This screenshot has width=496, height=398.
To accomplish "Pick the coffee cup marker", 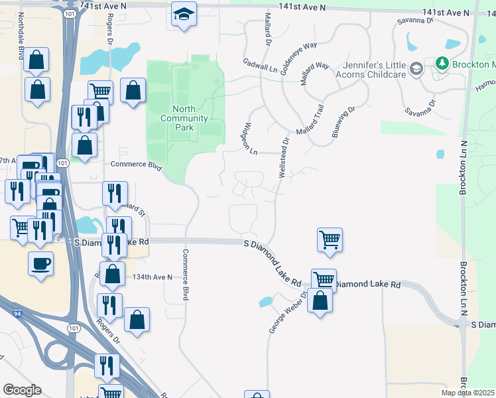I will tap(40, 263).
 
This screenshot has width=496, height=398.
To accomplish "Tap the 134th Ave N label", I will tap(153, 277).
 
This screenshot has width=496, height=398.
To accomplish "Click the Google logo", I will tap(22, 390).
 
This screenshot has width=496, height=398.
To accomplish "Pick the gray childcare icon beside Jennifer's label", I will tap(416, 69).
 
